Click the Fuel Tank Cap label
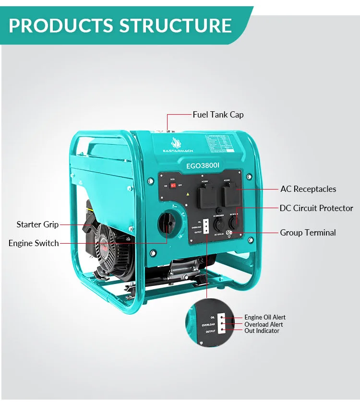coord(218,115)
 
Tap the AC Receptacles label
coord(308,189)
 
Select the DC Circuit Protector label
coord(316,208)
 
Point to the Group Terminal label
coord(308,233)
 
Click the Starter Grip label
coord(37,225)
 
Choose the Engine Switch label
coord(34,243)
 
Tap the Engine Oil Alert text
coord(265,318)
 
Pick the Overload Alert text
coord(264,324)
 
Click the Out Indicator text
coord(262,331)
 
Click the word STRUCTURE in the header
coord(176,25)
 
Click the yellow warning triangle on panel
coord(187,195)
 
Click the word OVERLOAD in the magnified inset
coord(208,325)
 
